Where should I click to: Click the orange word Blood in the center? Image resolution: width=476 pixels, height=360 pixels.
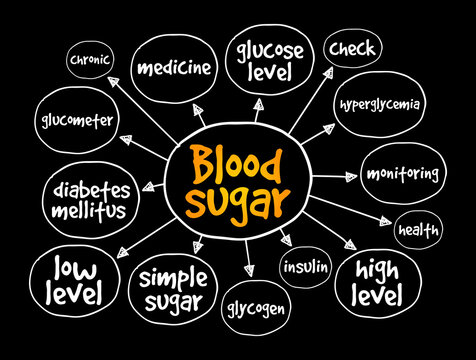coord(238,163)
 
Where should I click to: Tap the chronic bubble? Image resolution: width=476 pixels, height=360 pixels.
coord(90,59)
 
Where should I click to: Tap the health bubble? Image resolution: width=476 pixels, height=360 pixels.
coord(418,229)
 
